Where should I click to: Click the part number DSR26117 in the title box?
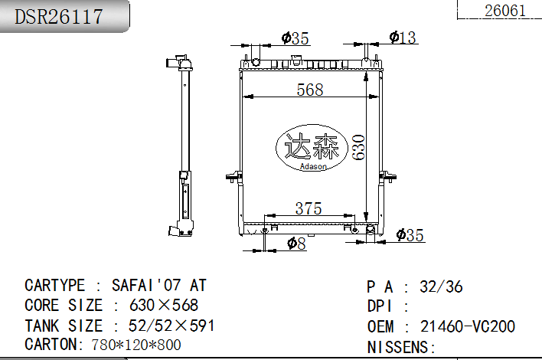point(59,17)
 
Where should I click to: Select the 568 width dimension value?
point(310,90)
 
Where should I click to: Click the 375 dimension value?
point(309,209)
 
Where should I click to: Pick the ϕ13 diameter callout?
point(402,38)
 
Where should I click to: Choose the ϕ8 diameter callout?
point(296,243)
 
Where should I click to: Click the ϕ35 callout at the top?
point(295,38)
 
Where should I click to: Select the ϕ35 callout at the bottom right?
point(410,235)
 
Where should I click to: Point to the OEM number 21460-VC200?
point(467,326)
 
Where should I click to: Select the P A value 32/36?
point(441,286)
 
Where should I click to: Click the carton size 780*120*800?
point(136,345)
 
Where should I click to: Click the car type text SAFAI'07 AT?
point(159,285)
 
